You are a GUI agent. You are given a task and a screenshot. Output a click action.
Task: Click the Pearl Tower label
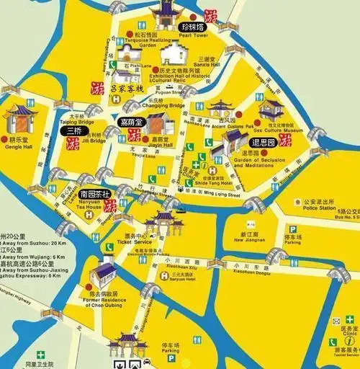pos(194,35)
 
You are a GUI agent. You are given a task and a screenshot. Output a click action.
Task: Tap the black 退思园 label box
pos(259,143)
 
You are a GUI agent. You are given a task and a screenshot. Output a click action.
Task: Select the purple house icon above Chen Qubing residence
pos(104,272)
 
